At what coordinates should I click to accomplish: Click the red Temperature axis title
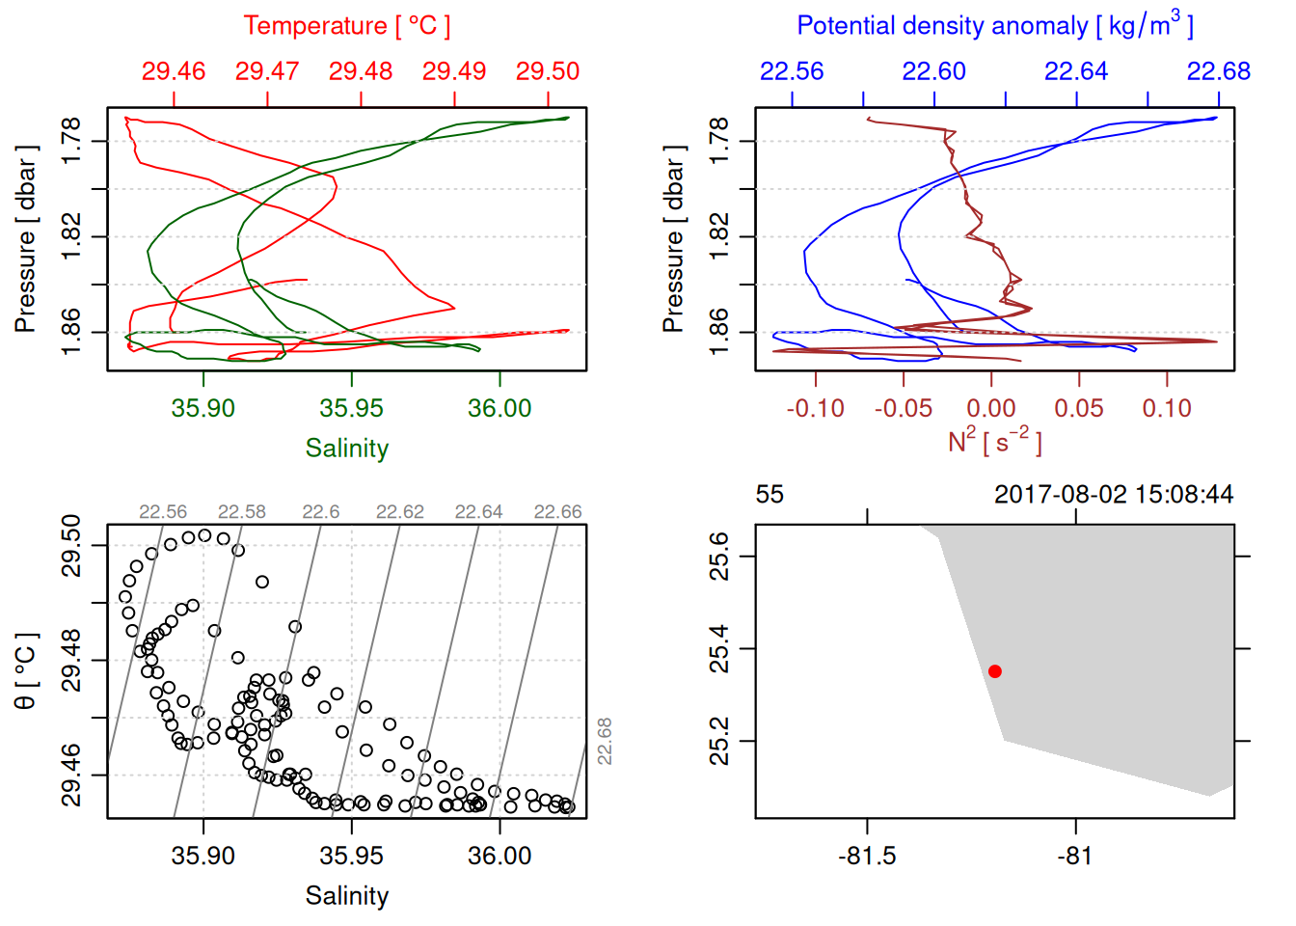[x=346, y=26]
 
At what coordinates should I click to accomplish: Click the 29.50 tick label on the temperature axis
[x=548, y=71]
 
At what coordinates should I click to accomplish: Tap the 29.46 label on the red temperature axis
[x=174, y=71]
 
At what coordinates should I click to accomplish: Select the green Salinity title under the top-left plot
[x=347, y=449]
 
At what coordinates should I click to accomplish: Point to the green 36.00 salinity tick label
[x=499, y=408]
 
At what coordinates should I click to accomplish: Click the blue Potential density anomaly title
[x=994, y=26]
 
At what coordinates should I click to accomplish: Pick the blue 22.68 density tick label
[x=1218, y=71]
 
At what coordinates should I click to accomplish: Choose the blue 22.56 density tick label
[x=792, y=71]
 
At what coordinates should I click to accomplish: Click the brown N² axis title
[x=994, y=442]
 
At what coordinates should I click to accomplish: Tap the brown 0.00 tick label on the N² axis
[x=990, y=408]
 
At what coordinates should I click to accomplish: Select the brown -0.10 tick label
[x=815, y=408]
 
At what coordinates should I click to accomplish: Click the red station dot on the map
[x=995, y=671]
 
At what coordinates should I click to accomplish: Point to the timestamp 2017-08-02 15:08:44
[x=1114, y=495]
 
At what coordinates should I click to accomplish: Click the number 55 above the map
[x=769, y=495]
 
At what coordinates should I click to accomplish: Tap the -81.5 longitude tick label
[x=867, y=856]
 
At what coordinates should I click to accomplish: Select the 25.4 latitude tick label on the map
[x=719, y=648]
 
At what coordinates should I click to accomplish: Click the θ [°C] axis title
[x=26, y=670]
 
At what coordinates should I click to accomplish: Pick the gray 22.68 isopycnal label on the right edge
[x=605, y=741]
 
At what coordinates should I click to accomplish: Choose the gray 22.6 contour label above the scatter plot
[x=321, y=512]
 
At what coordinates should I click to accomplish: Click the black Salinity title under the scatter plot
[x=347, y=896]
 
